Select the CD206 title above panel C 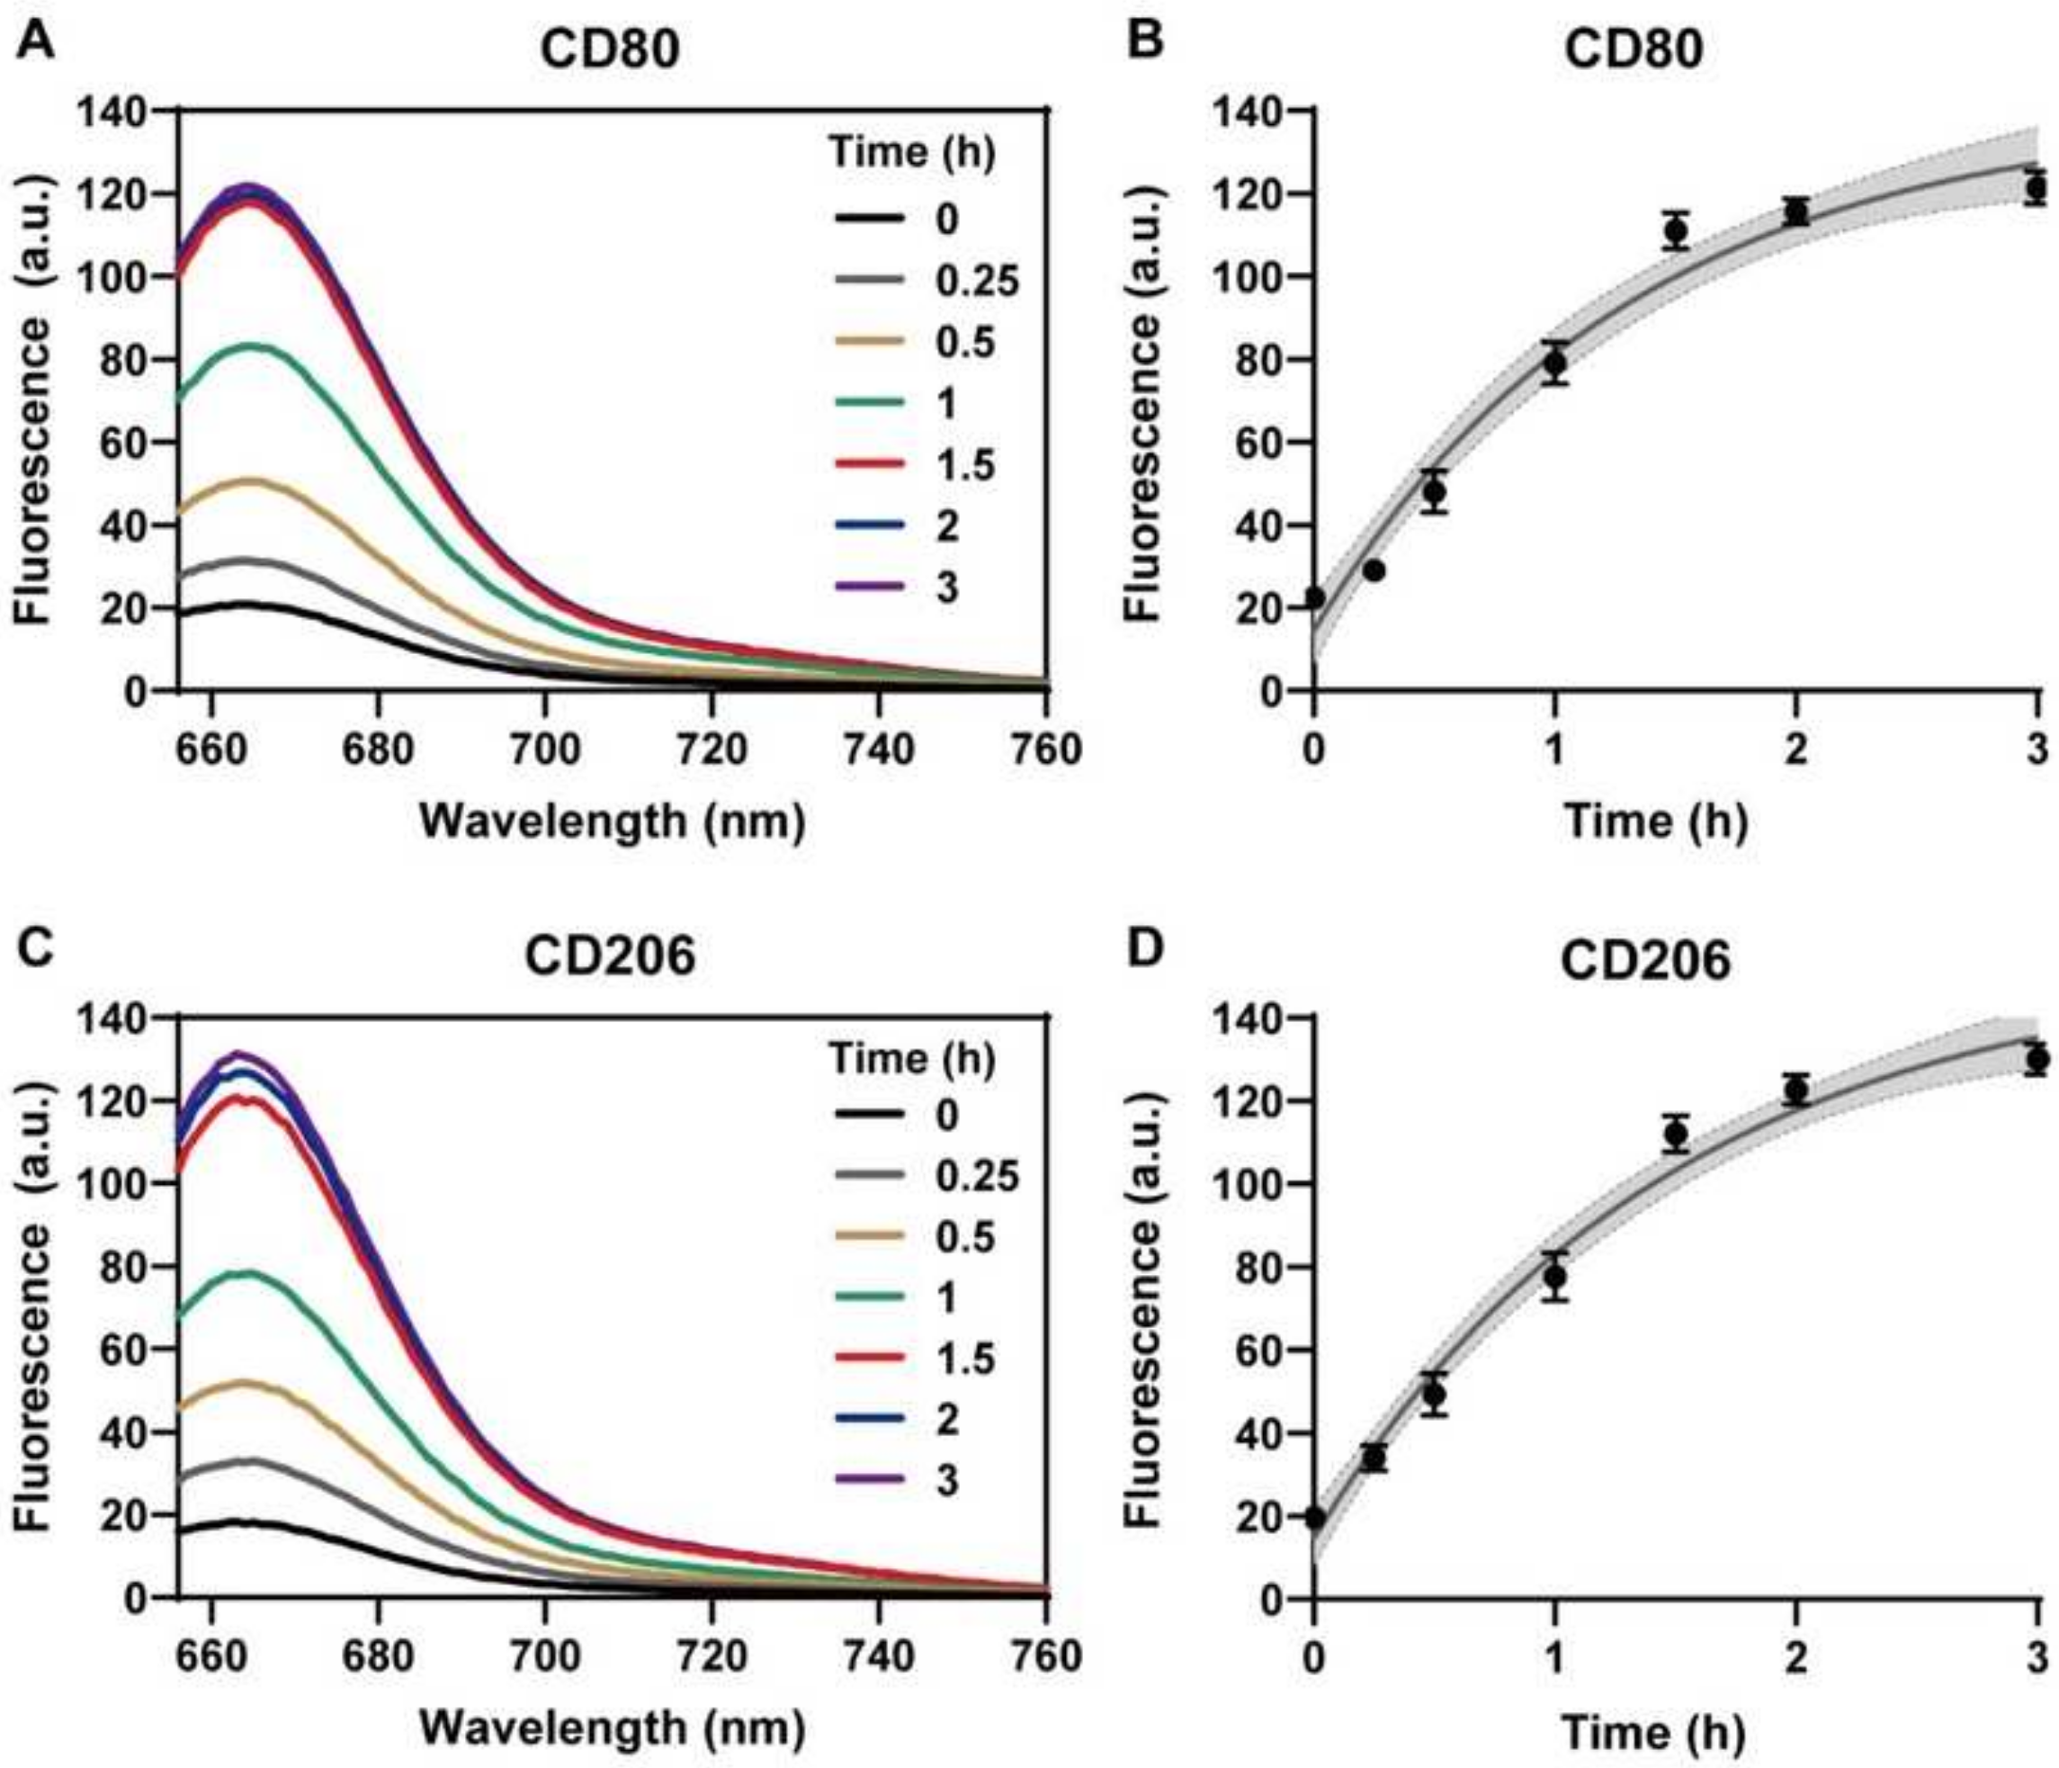click(x=610, y=956)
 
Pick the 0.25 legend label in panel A click(x=977, y=283)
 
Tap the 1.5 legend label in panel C click(x=965, y=1359)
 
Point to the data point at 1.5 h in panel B click(x=1677, y=231)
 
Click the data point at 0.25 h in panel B click(x=1374, y=570)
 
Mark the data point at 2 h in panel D click(x=1795, y=1090)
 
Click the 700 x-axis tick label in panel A click(x=544, y=749)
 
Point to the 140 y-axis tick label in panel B click(x=1244, y=112)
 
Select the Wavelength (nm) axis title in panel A click(x=613, y=821)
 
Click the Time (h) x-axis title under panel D click(x=1654, y=1732)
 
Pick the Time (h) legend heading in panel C click(x=912, y=1059)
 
